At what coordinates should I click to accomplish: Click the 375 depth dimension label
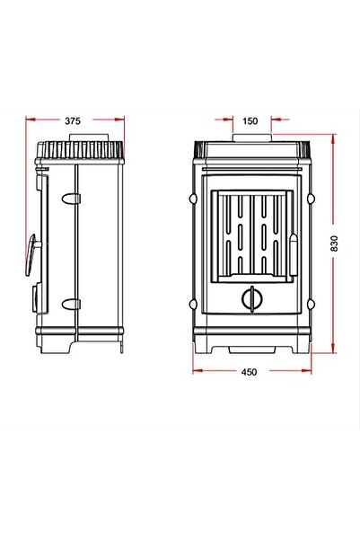coord(73,121)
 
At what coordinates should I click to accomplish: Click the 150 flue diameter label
coord(250,121)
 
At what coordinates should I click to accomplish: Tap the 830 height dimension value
coord(334,243)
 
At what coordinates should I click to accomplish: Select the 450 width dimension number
coord(249,372)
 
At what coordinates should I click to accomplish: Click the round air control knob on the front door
coord(252,299)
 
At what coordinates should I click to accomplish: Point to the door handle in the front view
coord(294,254)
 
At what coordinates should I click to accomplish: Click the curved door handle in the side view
coord(31,255)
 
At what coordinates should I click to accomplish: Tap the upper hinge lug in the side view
coord(71,199)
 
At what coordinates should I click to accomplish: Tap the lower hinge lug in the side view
coord(71,304)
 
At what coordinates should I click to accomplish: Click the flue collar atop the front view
coord(252,137)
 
